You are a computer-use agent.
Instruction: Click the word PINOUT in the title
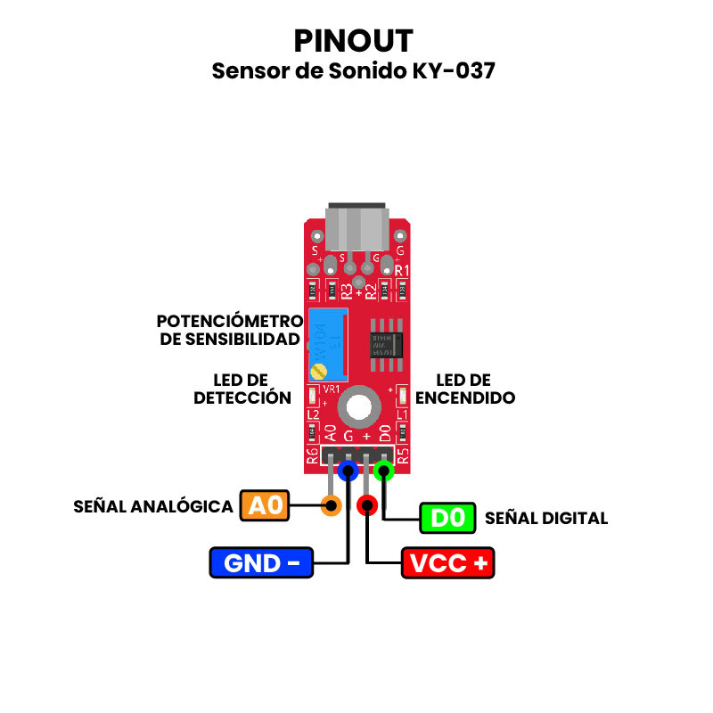[x=354, y=41]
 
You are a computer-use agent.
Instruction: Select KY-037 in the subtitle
[x=454, y=71]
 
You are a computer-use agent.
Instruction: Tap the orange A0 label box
[x=265, y=506]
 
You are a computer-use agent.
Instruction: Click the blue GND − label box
[x=261, y=563]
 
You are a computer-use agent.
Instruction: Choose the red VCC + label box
[x=448, y=563]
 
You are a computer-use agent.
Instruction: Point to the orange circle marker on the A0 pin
[x=331, y=506]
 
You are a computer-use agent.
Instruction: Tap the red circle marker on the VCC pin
[x=366, y=506]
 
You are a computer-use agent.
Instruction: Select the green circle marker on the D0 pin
[x=384, y=470]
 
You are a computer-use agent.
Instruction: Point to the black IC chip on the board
[x=386, y=344]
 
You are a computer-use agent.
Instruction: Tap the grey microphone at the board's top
[x=356, y=227]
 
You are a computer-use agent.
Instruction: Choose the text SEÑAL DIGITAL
[x=545, y=518]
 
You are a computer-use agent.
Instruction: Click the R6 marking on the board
[x=312, y=457]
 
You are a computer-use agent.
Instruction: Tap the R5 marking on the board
[x=403, y=457]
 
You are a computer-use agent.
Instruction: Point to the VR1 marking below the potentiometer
[x=331, y=389]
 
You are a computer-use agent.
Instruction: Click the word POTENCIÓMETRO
[x=230, y=321]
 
